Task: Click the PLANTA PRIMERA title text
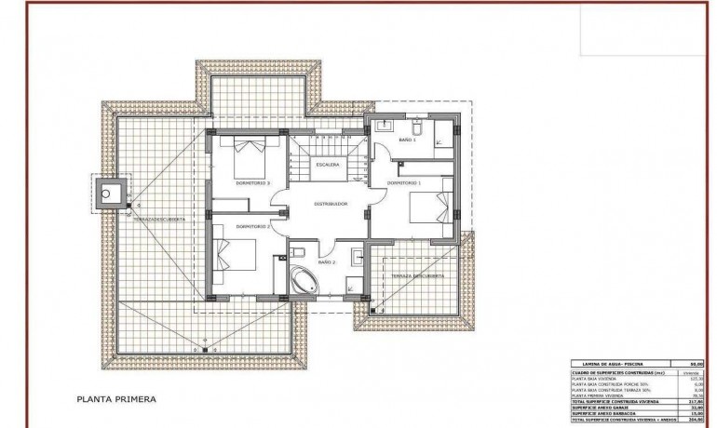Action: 116,400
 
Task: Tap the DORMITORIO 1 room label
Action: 407,183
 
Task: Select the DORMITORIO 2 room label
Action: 253,226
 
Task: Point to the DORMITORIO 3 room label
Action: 253,183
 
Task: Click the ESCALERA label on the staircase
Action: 327,165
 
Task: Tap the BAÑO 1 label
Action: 407,140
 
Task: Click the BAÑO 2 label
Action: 329,263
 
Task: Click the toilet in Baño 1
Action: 418,127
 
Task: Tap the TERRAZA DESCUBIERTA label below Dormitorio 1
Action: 416,276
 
